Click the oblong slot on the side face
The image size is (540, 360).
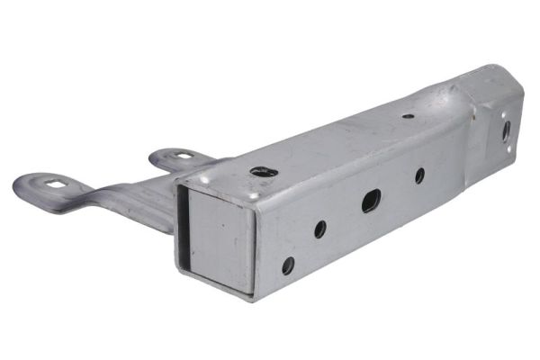pos(371,201)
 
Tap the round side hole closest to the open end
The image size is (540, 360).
pos(288,265)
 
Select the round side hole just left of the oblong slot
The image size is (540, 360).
pos(320,229)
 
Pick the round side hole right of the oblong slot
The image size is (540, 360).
pos(419,175)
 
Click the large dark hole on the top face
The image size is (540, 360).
pos(263,171)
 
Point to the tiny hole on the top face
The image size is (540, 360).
pos(409,116)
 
